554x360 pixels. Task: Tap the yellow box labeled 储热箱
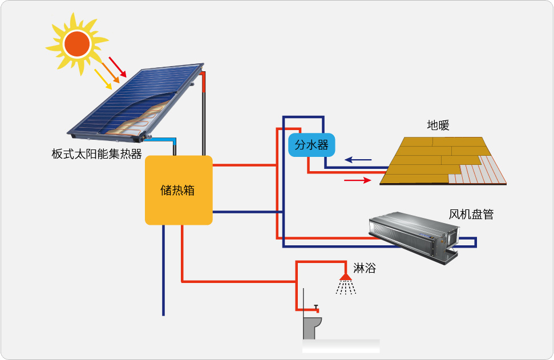coord(179,190)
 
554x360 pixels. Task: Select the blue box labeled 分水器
coord(312,145)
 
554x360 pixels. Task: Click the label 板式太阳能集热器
coord(96,154)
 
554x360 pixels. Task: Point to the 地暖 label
coord(438,126)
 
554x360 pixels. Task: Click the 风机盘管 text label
coord(471,215)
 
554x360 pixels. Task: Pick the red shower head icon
coord(345,277)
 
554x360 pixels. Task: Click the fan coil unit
coord(414,234)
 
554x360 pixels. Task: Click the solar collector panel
coord(137,102)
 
